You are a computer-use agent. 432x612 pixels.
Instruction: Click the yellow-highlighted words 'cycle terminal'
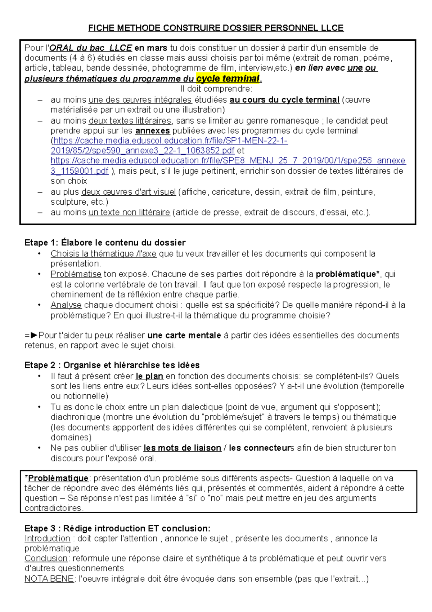coord(228,79)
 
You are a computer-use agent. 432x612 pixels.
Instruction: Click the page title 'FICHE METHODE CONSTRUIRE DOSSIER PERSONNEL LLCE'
coord(216,28)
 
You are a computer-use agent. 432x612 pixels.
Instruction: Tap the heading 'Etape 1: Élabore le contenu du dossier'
coord(105,243)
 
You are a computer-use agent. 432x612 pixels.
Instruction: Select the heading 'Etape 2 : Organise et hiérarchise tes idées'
coord(112,365)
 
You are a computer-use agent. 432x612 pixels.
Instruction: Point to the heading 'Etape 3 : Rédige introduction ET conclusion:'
coord(117,528)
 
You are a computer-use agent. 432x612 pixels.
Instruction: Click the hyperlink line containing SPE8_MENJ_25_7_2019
coord(228,161)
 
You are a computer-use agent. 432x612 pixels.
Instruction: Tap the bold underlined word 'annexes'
coord(152,130)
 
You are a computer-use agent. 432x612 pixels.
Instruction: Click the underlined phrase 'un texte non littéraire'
coord(129,213)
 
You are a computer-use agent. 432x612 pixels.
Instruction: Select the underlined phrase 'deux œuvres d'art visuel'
coord(129,192)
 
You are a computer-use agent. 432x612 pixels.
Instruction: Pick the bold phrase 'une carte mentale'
coord(184,335)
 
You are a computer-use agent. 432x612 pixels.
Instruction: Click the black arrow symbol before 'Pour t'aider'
coord(34,335)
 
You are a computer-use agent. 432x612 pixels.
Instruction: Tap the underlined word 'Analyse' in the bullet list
coord(66,305)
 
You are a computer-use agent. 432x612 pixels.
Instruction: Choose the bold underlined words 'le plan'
coord(149,376)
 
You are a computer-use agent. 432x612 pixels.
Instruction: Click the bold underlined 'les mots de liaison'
coord(182,448)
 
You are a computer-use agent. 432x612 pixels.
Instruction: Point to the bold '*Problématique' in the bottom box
coord(57,478)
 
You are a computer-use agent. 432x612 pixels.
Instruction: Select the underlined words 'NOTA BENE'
coord(49,579)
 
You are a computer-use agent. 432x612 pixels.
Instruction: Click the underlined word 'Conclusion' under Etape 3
coord(46,558)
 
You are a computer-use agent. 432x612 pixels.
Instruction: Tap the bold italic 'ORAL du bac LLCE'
coord(90,48)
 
